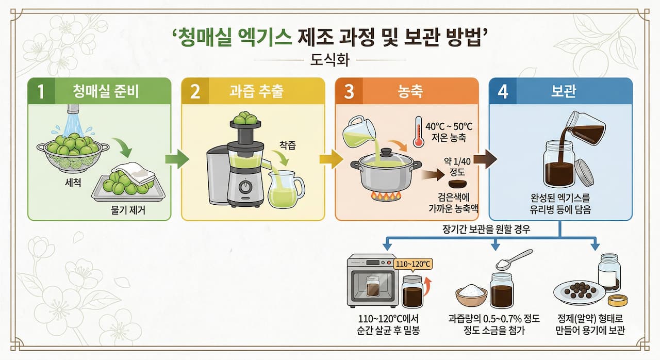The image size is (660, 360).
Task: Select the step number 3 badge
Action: (349, 91)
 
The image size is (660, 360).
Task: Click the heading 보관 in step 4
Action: (563, 91)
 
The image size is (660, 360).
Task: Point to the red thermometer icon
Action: (418, 131)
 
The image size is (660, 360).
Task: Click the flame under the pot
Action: (384, 198)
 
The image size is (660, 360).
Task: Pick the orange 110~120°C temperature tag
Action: (412, 264)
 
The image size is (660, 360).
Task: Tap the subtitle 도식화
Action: (330, 60)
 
